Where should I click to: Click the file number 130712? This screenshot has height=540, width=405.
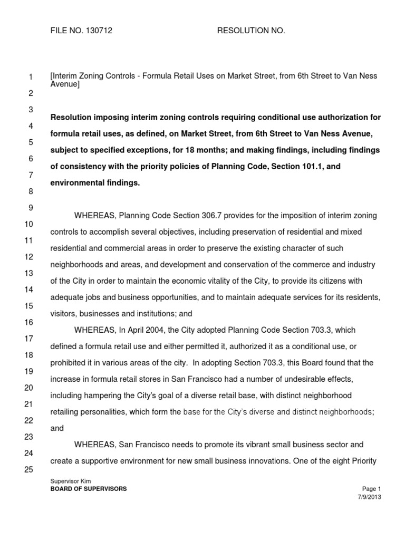tap(98, 31)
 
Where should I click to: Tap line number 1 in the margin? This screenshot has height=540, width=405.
tap(31, 78)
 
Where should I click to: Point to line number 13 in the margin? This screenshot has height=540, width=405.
tap(29, 273)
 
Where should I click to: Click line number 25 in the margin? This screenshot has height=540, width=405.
tap(29, 469)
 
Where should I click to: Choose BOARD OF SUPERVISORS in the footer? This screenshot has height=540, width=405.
tap(88, 489)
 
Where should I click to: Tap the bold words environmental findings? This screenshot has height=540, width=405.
tap(95, 182)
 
